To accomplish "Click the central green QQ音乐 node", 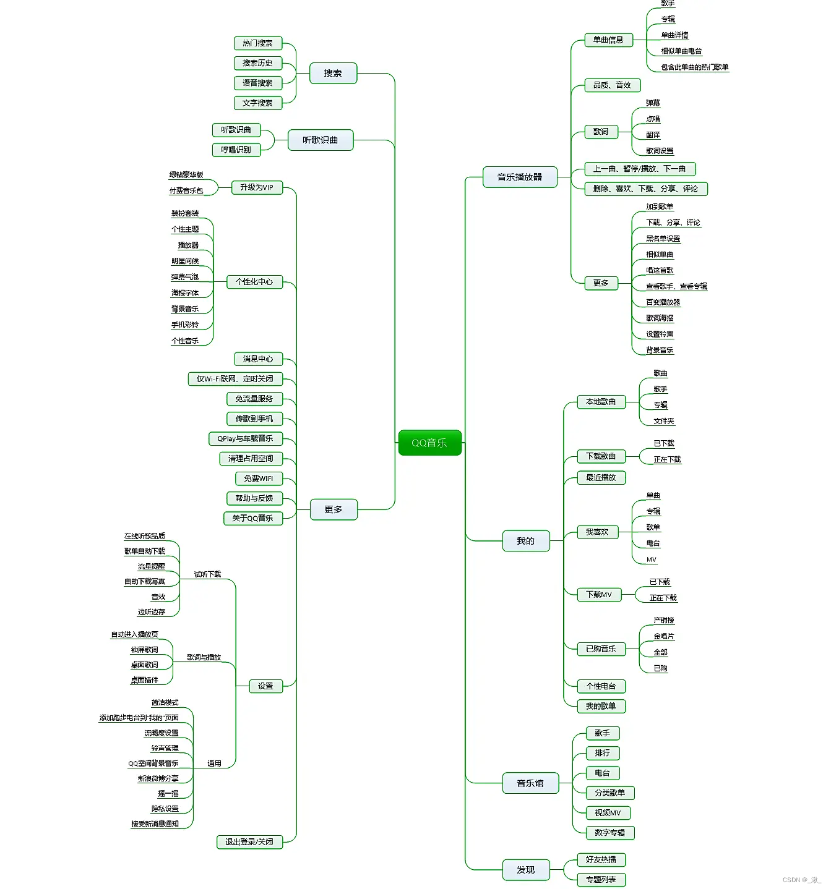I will [x=429, y=443].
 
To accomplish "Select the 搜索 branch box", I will [x=333, y=73].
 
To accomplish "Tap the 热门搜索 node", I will [x=257, y=43].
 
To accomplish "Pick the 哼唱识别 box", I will [x=236, y=150].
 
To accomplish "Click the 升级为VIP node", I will [x=256, y=187].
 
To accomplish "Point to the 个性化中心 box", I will [x=254, y=282].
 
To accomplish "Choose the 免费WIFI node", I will [x=258, y=479].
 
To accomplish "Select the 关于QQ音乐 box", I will [x=252, y=518].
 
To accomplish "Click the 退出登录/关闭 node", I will [x=249, y=842].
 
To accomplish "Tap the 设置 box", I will [x=265, y=686].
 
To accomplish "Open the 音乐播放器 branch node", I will [x=519, y=177].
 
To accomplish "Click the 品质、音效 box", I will [x=612, y=85].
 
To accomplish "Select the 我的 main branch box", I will [x=525, y=541].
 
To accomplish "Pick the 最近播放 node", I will [x=600, y=477].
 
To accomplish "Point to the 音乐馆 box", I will [x=530, y=783].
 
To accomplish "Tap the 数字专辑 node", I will [x=609, y=833].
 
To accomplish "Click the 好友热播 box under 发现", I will [x=601, y=859].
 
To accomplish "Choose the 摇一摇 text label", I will [x=168, y=794].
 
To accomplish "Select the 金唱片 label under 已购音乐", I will [x=663, y=636].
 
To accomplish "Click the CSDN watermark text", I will [x=801, y=880].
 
